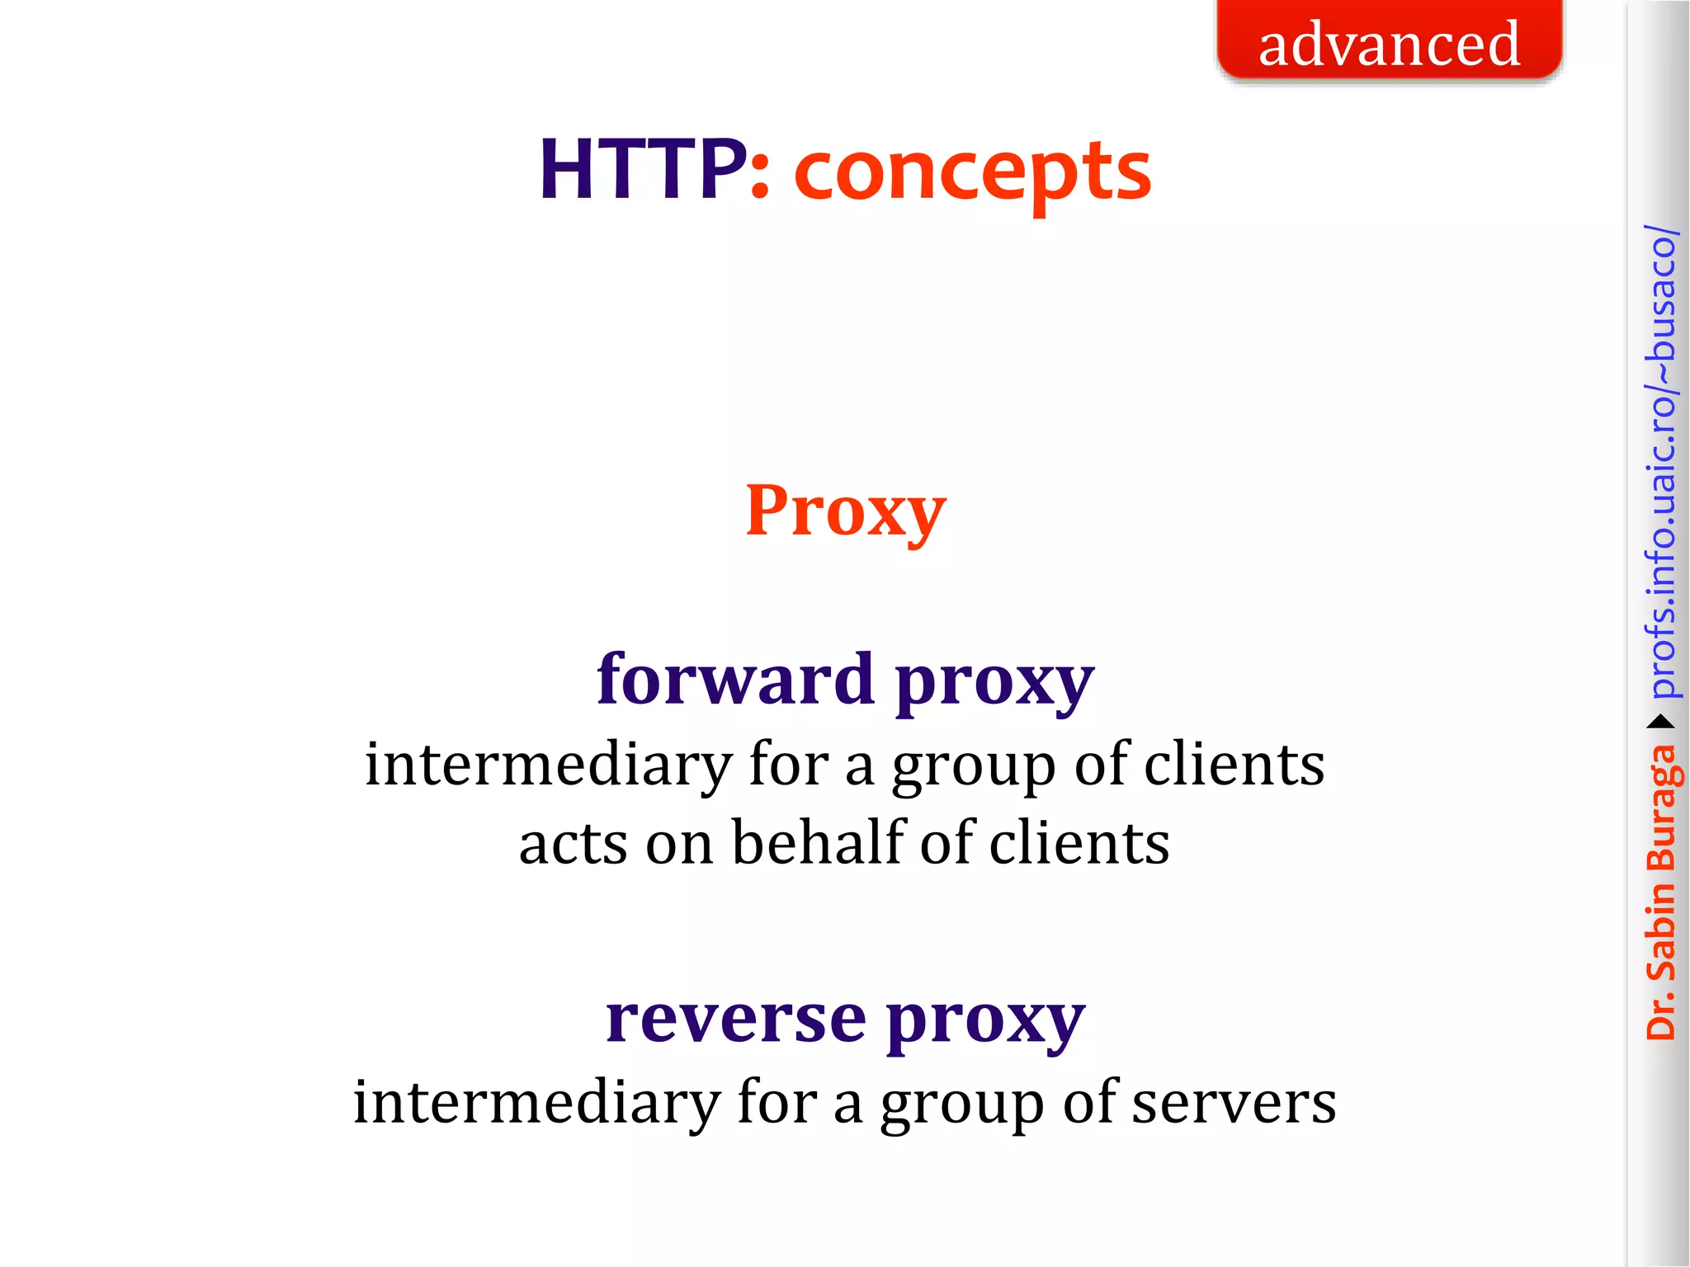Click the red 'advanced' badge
(x=1389, y=42)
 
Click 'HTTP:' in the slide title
(x=654, y=170)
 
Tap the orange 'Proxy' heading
(x=845, y=511)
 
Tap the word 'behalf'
(x=819, y=843)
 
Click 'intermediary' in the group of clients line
(x=548, y=765)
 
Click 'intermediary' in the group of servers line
(x=536, y=1103)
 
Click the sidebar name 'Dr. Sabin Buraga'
(x=1661, y=891)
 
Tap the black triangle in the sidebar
(x=1661, y=723)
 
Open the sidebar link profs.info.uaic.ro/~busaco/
(x=1661, y=462)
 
